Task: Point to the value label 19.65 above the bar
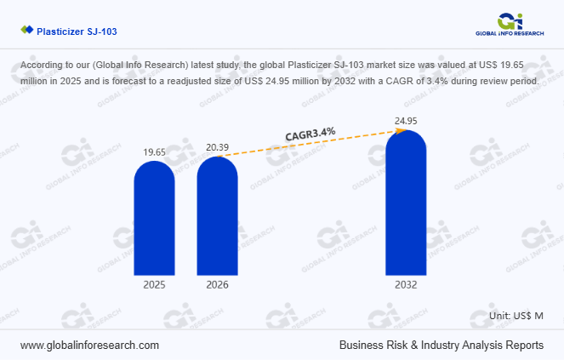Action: [x=154, y=151]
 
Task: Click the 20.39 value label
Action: [x=217, y=146]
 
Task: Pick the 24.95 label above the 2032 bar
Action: [x=406, y=121]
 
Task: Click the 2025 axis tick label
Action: [x=154, y=285]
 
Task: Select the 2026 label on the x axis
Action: [x=217, y=285]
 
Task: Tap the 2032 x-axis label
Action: [x=406, y=285]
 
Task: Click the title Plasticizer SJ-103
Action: [x=77, y=31]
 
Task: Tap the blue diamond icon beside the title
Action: [x=26, y=31]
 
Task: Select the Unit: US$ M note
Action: [x=516, y=316]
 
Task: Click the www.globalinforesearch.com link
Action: [x=89, y=345]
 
